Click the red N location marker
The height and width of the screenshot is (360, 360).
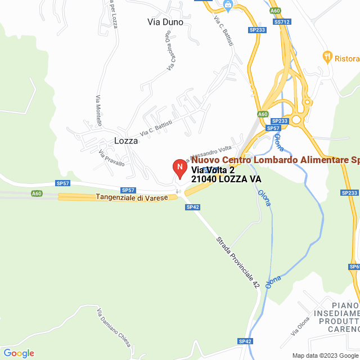(179, 168)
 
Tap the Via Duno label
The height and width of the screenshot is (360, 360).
(161, 22)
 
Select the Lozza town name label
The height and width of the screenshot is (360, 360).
(126, 141)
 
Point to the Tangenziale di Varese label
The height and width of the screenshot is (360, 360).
(132, 197)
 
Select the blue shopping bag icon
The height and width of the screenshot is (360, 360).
(228, 6)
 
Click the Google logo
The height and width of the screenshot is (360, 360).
(18, 353)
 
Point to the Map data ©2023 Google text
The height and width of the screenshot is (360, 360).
(325, 355)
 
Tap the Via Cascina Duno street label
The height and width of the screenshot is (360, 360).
(169, 50)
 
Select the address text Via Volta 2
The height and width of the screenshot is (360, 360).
(213, 170)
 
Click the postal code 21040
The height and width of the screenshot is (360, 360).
(204, 179)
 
